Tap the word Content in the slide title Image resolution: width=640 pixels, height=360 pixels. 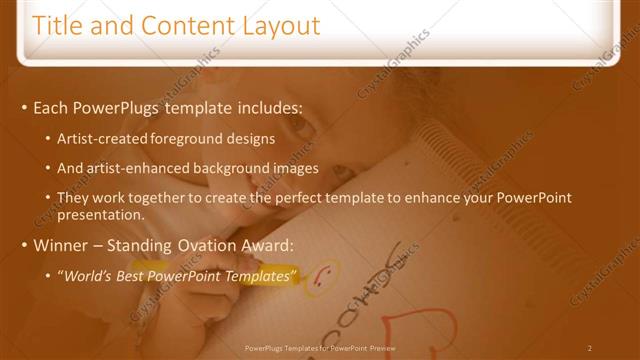point(181,25)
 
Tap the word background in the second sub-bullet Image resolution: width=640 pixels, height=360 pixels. point(234,168)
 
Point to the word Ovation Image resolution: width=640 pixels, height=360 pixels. point(215,245)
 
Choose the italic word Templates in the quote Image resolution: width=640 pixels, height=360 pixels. point(262,275)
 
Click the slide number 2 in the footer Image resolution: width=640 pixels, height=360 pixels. point(589,347)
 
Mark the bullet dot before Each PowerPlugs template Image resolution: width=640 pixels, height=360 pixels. point(23,107)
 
